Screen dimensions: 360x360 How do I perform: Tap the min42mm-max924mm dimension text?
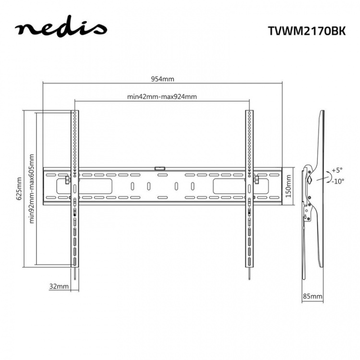162,96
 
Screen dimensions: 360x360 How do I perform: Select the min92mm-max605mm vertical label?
32,188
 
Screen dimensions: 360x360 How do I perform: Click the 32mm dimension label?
59,286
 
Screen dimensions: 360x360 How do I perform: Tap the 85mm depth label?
312,296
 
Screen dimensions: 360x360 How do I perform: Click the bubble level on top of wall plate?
160,168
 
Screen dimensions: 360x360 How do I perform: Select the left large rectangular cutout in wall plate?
97,186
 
